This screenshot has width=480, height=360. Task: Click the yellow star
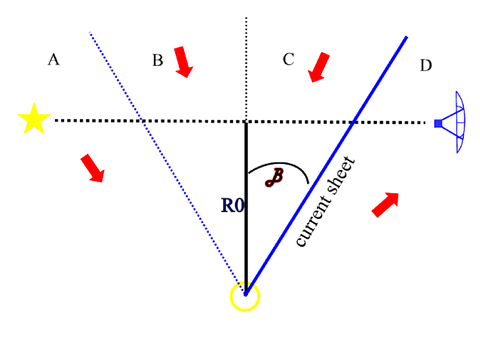[34, 119]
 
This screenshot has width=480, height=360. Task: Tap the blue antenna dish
[457, 122]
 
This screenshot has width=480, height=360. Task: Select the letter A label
[54, 59]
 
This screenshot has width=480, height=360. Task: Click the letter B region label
[157, 60]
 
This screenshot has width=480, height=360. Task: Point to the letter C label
[289, 59]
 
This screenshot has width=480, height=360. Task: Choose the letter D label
[426, 66]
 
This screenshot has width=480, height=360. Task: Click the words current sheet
[327, 202]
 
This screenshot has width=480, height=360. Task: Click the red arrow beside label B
[183, 62]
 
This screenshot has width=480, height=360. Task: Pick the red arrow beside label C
[319, 67]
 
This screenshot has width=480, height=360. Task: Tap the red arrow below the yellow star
[92, 168]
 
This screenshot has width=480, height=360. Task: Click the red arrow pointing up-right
[385, 204]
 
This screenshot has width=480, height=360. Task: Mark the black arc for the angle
[283, 166]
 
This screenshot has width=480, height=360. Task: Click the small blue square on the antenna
[438, 123]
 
